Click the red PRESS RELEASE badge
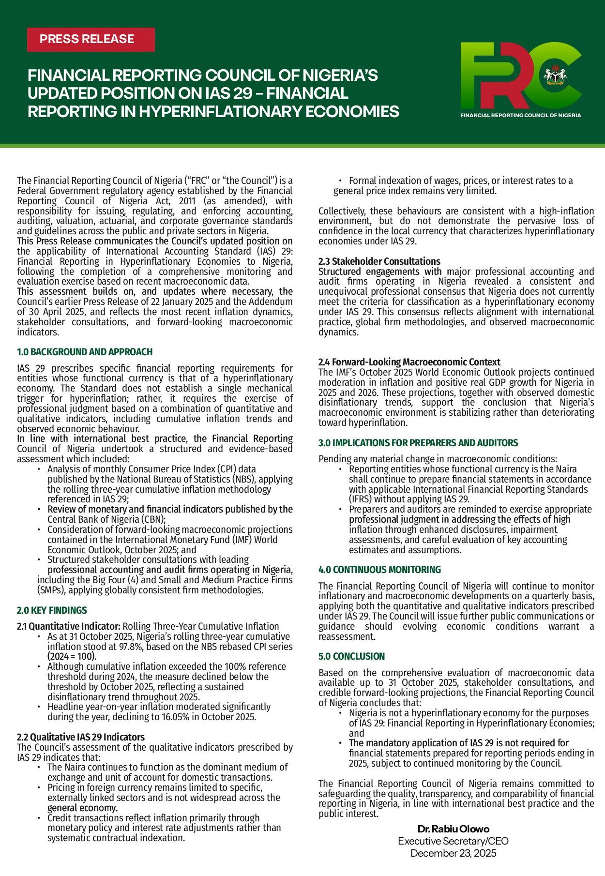pos(91,39)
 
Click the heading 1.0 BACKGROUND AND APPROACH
pos(85,352)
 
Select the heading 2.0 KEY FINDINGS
pos(52,610)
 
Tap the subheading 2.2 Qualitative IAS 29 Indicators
pos(80,737)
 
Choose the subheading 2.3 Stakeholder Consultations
pos(379,261)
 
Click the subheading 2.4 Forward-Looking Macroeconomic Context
pos(409,362)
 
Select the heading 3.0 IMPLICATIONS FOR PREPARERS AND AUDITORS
pos(418,443)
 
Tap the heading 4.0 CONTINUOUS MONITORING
pos(379,570)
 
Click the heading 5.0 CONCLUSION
pos(351,656)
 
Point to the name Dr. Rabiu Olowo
pos(454,829)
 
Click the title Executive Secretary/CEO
pos(453,841)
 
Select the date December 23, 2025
pos(453,853)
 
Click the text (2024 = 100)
pos(72,657)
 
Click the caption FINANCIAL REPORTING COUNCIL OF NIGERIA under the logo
pos(520,115)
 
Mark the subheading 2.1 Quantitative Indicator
pos(68,626)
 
